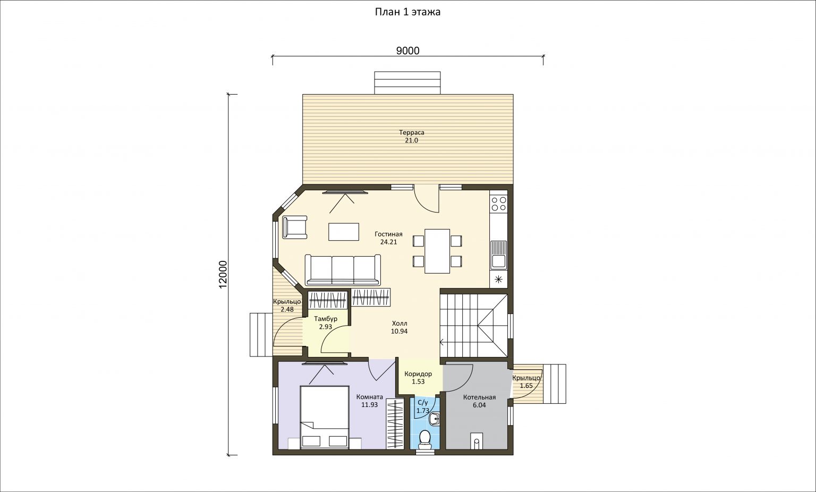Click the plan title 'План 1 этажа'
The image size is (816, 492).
tap(407, 12)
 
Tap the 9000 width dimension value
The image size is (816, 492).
tap(407, 50)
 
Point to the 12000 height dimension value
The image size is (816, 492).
tap(223, 274)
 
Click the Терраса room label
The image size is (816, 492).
tap(411, 133)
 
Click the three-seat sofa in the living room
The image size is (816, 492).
tap(343, 270)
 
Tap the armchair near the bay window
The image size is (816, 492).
tap(294, 227)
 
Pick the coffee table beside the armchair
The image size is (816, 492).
tap(344, 232)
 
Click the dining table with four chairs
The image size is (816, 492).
tap(437, 251)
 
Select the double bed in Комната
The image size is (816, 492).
tap(325, 418)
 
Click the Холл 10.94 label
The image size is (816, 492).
tap(399, 327)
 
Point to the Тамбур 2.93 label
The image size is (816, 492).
tap(326, 323)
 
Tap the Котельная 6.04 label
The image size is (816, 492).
tap(479, 401)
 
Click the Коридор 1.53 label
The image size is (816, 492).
tap(418, 378)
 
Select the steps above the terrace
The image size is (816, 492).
tap(407, 83)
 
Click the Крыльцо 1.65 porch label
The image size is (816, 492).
tap(526, 382)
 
